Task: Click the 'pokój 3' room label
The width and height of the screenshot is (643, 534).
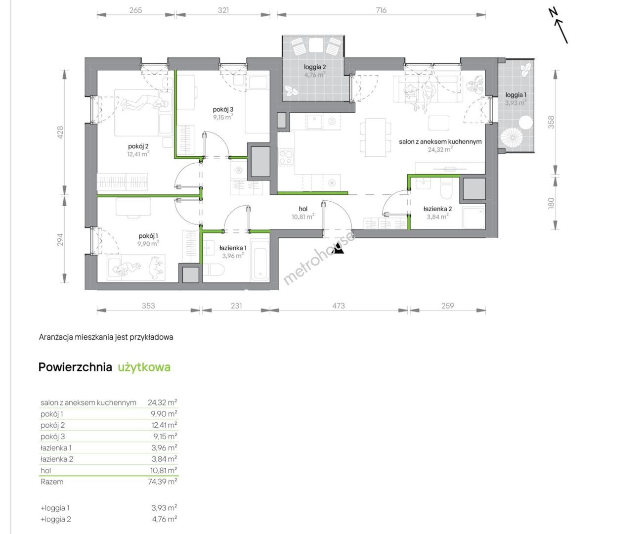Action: [x=223, y=109]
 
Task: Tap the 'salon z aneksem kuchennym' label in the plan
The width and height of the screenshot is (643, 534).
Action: [x=440, y=142]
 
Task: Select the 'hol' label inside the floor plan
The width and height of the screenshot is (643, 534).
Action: [x=303, y=209]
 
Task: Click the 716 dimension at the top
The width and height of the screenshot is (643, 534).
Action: [x=381, y=10]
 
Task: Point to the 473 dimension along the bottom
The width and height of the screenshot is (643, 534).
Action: [x=338, y=306]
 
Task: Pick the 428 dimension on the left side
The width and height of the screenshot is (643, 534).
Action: [x=60, y=132]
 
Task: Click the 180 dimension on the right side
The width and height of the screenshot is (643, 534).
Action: [x=551, y=203]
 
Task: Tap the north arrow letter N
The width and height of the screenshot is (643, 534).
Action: [x=554, y=12]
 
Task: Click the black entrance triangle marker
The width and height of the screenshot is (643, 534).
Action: [x=340, y=248]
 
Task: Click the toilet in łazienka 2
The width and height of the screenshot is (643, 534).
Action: [x=446, y=191]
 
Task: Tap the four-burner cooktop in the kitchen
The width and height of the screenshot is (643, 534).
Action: [x=286, y=157]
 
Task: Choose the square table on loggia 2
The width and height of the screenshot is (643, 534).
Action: [x=316, y=45]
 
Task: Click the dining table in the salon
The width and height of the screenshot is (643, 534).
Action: [x=375, y=137]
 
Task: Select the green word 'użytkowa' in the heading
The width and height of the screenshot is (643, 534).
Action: [x=144, y=367]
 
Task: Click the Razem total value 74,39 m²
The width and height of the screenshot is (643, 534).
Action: [x=162, y=482]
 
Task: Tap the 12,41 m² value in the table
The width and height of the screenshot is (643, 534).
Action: [x=164, y=425]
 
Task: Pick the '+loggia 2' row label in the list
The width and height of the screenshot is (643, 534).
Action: [x=56, y=519]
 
